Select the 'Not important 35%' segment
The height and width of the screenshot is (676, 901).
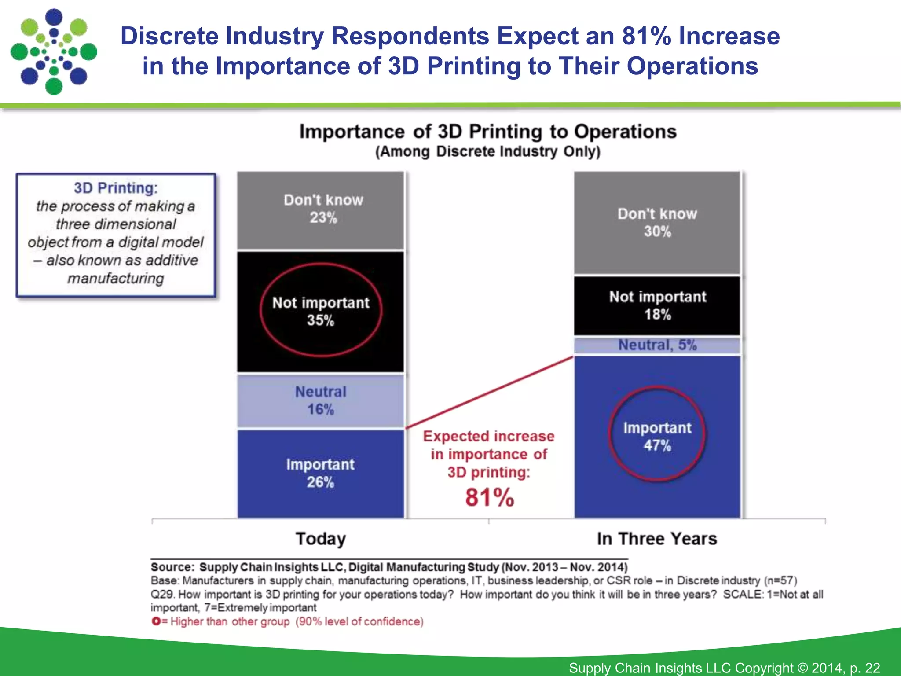point(321,311)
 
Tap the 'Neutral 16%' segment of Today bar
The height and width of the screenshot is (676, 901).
point(321,400)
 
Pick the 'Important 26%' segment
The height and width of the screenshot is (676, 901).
point(321,474)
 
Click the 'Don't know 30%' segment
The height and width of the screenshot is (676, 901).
point(657,223)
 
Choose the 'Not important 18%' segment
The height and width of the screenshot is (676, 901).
point(657,305)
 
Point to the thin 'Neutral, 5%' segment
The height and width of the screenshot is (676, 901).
point(657,345)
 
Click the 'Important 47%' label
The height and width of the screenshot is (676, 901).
point(657,436)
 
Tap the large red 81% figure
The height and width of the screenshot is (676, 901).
point(490,498)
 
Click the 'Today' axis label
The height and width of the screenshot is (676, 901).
point(321,539)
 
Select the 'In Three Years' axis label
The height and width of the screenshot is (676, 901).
point(657,539)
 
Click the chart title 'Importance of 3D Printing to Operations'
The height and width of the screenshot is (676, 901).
point(488,132)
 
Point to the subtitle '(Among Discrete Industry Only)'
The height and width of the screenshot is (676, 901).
point(488,152)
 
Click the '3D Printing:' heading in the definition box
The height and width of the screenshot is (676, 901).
point(116,188)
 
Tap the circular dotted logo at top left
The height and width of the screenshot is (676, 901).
point(54,52)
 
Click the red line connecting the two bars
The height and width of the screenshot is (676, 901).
point(488,393)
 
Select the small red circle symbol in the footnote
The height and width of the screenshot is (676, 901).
point(156,621)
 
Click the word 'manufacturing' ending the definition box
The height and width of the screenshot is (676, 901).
point(116,279)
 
